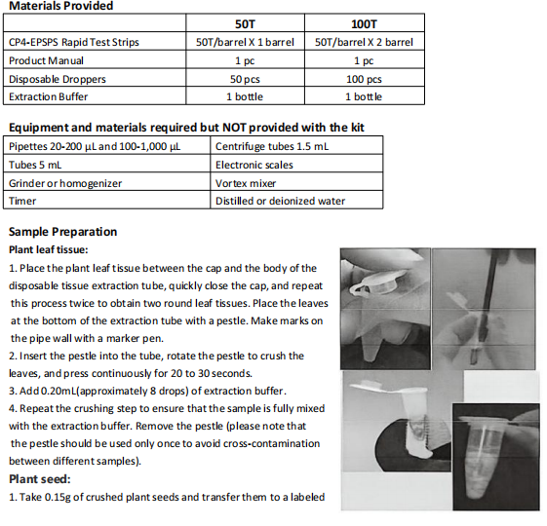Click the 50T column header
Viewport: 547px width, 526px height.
[x=245, y=24]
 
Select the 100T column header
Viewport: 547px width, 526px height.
[x=364, y=24]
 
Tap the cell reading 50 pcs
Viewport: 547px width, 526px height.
[x=245, y=79]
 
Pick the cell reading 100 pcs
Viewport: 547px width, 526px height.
[x=364, y=79]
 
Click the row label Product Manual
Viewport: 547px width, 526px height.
[x=46, y=60]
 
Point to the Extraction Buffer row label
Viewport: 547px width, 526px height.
[x=48, y=96]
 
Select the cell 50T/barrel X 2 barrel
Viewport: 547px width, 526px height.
[x=364, y=42]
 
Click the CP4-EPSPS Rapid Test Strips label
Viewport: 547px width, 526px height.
[x=73, y=42]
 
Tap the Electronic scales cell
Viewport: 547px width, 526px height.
[x=254, y=165]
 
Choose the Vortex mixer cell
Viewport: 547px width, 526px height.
[x=246, y=183]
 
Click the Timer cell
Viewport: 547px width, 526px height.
[x=22, y=201]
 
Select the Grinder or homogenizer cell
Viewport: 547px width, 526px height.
[x=65, y=183]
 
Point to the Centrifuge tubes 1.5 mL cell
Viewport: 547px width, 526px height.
[x=272, y=146]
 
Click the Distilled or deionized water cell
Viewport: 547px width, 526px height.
[x=280, y=201]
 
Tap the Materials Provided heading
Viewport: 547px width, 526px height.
[x=61, y=6]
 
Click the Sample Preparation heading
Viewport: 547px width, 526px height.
[x=62, y=232]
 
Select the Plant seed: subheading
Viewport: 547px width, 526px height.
[x=39, y=479]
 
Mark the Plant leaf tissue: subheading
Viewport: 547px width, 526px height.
[x=49, y=249]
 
